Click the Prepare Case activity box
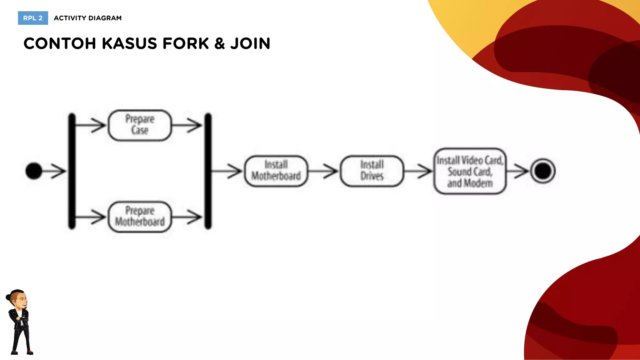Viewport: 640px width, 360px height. pos(140,125)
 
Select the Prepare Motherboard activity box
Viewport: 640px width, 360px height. pos(140,217)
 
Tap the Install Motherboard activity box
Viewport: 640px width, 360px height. pos(276,171)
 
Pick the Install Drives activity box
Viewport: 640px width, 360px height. pos(372,171)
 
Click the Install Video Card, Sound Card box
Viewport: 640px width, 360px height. pos(470,171)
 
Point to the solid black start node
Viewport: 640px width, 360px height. pos(34,171)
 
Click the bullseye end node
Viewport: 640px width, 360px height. pos(543,171)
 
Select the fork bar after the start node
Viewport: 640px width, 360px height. pos(72,171)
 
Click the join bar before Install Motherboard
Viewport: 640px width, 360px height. pos(208,171)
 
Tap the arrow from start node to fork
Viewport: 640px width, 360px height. pos(54,171)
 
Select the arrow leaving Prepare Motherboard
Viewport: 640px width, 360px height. pos(187,217)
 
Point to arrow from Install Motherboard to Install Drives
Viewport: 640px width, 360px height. pos(323,171)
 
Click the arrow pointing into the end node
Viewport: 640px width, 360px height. pos(517,171)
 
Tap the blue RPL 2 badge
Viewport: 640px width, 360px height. pos(33,18)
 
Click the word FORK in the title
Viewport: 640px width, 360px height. pos(186,43)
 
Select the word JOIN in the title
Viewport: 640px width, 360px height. pos(250,43)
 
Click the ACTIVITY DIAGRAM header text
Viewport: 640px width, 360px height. pos(88,18)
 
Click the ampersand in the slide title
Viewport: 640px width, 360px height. pos(220,43)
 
